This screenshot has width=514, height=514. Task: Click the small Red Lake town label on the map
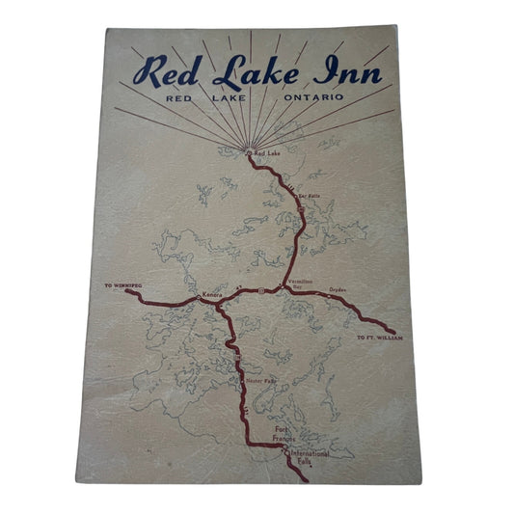click(x=266, y=152)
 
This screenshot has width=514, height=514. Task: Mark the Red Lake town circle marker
click(x=249, y=152)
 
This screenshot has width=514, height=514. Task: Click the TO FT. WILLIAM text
click(x=377, y=338)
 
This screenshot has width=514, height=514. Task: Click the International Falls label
click(x=311, y=453)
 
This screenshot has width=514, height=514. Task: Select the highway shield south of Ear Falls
click(x=301, y=205)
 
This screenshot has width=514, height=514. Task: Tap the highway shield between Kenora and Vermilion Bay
click(x=259, y=290)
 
